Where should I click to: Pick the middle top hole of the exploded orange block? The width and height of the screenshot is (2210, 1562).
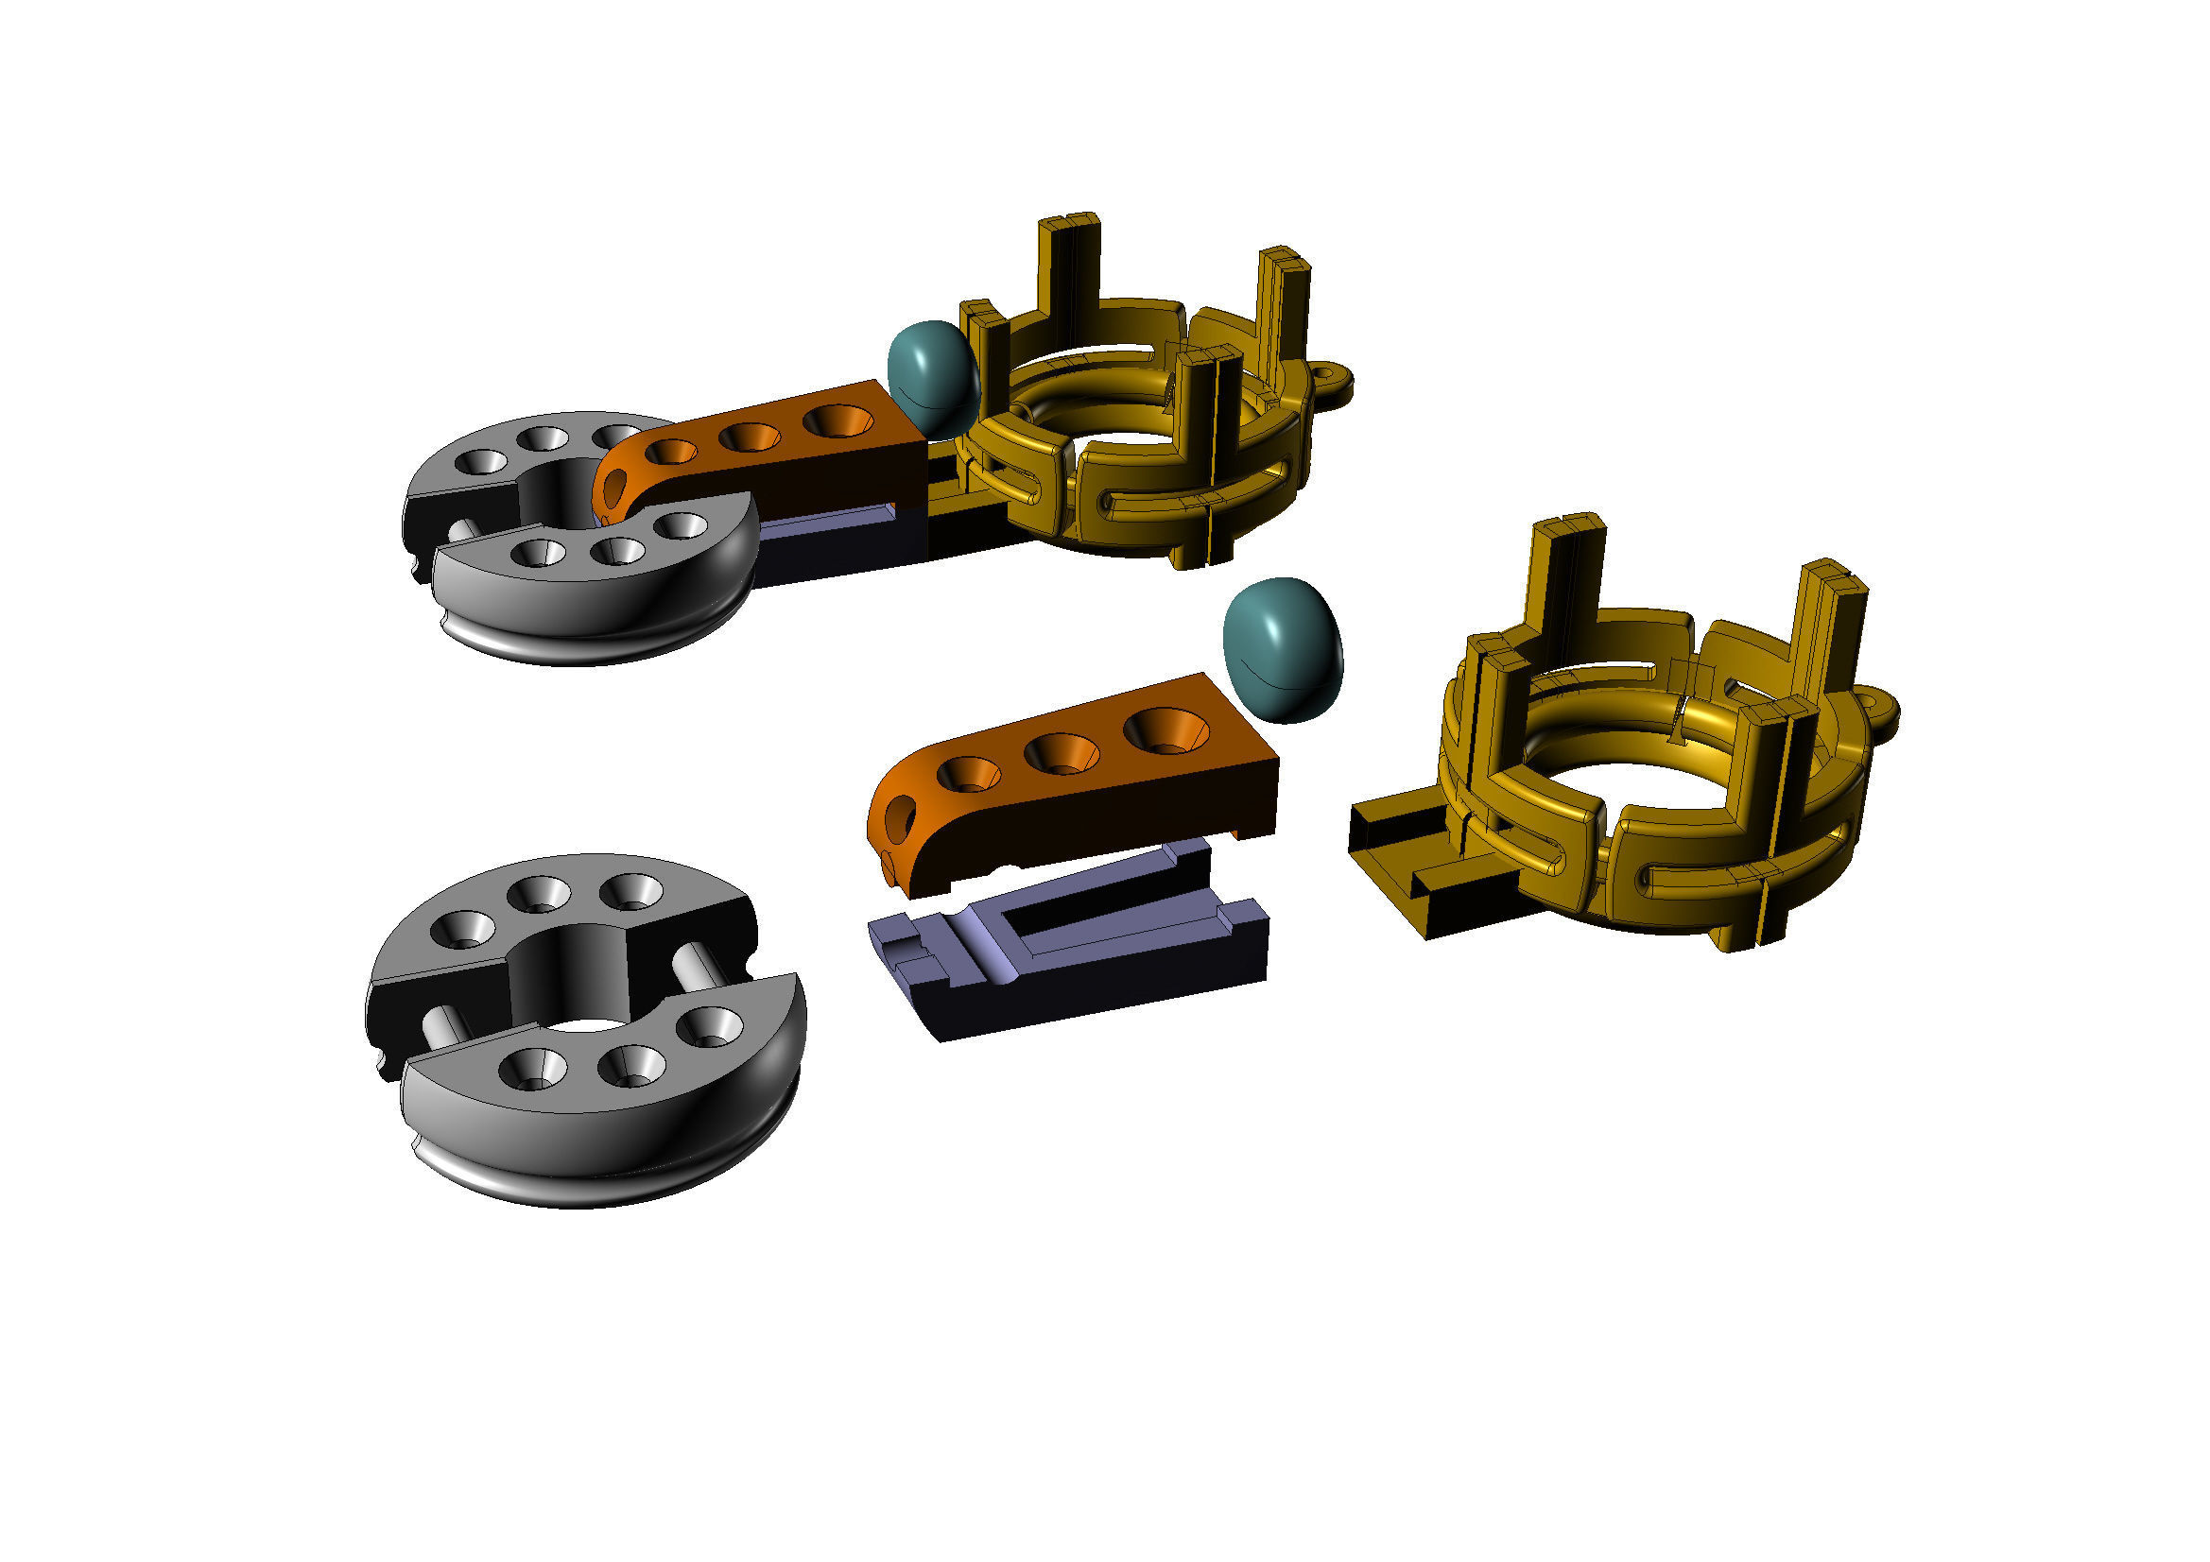click(x=1061, y=752)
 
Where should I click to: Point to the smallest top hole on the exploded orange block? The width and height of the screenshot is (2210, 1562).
click(x=968, y=773)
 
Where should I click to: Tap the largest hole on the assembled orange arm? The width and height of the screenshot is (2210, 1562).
click(x=837, y=421)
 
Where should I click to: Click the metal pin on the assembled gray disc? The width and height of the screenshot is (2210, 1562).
click(x=461, y=530)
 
